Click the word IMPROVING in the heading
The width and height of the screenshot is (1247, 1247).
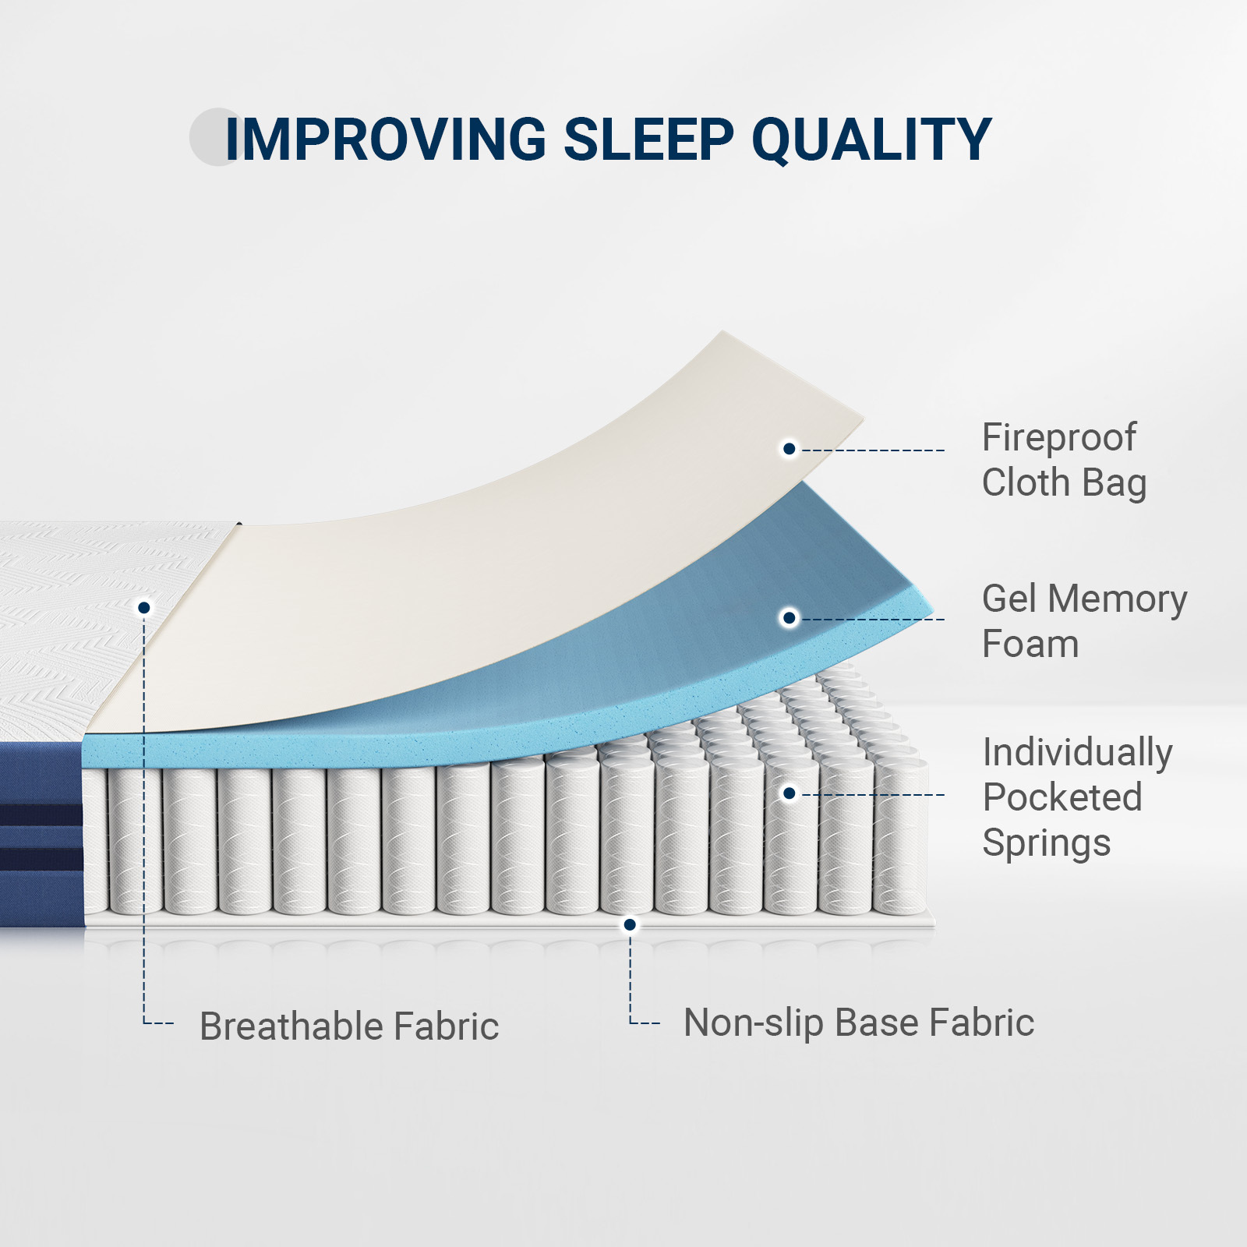tap(386, 140)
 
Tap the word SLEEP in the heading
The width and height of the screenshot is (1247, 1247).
tap(648, 140)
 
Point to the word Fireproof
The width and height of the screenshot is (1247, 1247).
tap(1058, 438)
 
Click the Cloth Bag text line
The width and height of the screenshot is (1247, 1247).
tap(1064, 483)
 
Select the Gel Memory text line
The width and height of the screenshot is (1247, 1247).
tap(1084, 599)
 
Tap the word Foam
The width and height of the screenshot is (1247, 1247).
tap(1030, 645)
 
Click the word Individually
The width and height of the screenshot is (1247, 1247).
tap(1077, 753)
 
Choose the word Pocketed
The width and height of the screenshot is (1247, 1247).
tap(1062, 797)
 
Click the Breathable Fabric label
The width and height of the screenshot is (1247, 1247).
tap(349, 1026)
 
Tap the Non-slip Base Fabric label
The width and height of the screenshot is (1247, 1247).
tap(859, 1023)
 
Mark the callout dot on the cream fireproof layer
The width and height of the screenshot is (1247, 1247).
tap(790, 449)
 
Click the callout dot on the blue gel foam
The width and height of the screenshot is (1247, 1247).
tap(790, 618)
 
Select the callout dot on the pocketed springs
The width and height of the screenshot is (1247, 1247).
tap(790, 793)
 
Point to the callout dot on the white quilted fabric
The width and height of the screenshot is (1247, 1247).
tap(144, 607)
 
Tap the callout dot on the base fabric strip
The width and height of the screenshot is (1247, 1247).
tap(630, 925)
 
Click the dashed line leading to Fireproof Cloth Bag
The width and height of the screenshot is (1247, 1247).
tap(873, 450)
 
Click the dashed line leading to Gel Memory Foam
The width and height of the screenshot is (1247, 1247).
tap(873, 620)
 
